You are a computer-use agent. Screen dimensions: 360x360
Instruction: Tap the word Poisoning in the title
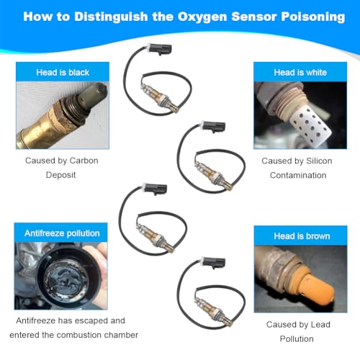point(313,17)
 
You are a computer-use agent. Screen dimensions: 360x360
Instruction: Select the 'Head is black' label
point(63,72)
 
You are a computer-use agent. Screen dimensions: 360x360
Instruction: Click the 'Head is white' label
point(300,72)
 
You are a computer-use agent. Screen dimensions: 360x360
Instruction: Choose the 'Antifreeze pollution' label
point(62,233)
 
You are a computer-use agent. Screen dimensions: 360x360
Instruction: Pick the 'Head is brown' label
point(302,236)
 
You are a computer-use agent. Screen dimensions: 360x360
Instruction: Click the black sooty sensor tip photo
point(92,96)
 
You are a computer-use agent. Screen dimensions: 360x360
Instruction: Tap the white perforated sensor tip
point(310,125)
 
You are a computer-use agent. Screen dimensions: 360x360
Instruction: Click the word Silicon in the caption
point(319,161)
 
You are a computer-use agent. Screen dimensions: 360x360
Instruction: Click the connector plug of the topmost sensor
point(160,49)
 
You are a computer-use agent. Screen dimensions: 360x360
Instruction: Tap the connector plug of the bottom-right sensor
point(213,262)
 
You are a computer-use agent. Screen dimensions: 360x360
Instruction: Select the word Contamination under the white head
point(298,175)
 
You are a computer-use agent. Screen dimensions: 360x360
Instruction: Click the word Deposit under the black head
point(60,175)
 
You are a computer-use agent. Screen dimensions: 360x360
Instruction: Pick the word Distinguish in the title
point(111,17)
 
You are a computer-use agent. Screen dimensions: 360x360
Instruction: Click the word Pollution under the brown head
point(297,339)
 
